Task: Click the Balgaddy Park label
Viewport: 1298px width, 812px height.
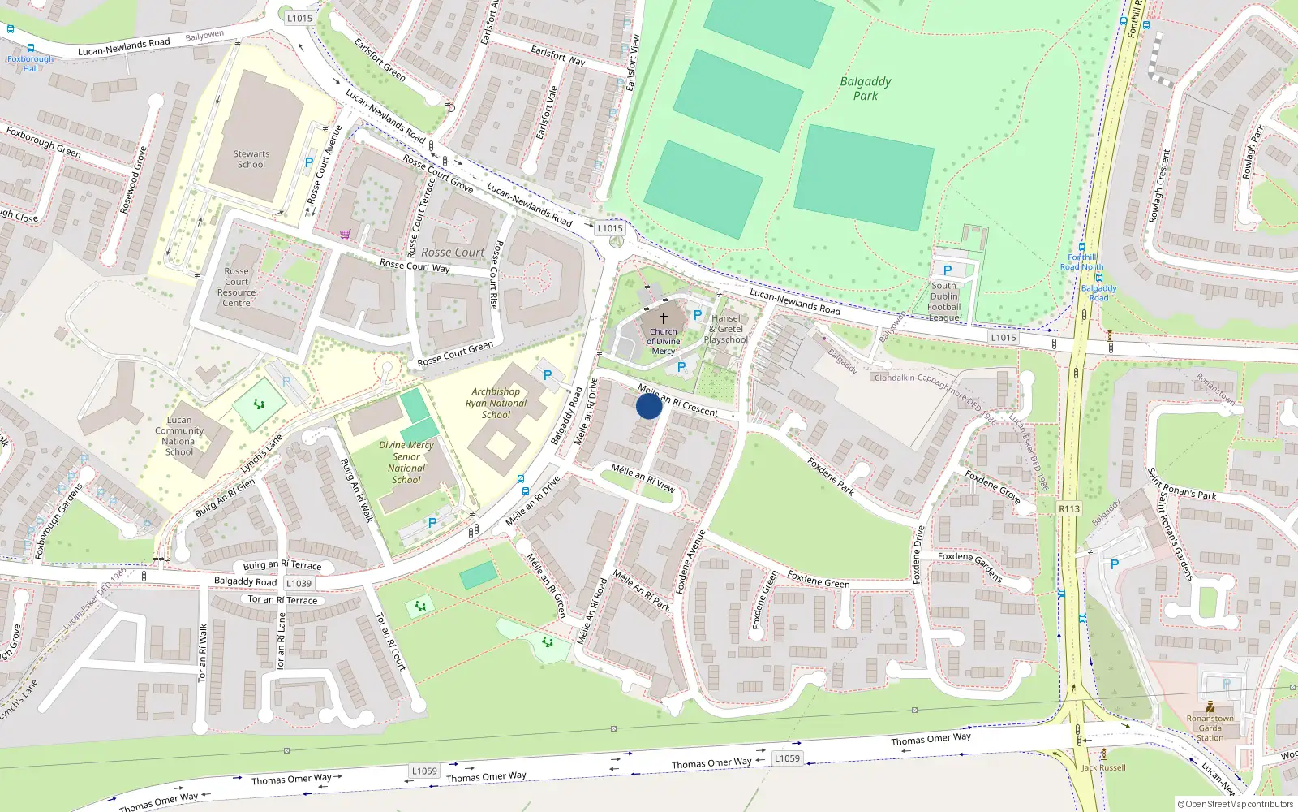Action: (865, 89)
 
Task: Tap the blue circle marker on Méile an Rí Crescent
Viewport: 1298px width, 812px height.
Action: (649, 406)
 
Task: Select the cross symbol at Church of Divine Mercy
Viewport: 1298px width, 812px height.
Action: (664, 318)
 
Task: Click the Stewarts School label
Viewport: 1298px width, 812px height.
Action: (251, 159)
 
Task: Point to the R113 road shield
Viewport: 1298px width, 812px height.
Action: (1069, 509)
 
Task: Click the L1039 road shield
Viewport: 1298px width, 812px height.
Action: (299, 583)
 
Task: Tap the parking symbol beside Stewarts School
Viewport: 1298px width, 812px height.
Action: (309, 162)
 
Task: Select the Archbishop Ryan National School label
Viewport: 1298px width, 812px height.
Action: (496, 403)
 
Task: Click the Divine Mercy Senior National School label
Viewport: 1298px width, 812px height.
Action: (406, 462)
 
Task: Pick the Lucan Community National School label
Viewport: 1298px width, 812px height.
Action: (179, 436)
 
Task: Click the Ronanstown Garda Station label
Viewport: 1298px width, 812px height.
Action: (1210, 728)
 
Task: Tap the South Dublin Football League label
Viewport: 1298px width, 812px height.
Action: (943, 302)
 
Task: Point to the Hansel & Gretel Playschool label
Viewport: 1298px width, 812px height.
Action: (726, 329)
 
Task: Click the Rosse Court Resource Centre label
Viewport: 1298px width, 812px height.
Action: (237, 287)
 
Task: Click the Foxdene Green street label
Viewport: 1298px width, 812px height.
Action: (818, 579)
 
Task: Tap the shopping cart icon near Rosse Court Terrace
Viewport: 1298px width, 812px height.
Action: (346, 235)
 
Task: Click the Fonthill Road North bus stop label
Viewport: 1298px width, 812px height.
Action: (1081, 261)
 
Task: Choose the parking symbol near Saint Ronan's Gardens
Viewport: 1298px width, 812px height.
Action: (1114, 564)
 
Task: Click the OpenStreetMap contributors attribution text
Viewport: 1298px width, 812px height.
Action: (1235, 804)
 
